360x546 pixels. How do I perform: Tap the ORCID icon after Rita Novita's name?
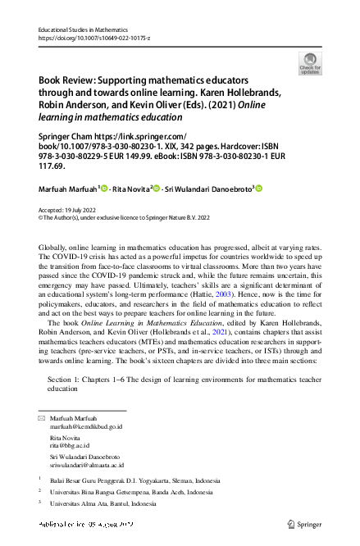(x=156, y=189)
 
